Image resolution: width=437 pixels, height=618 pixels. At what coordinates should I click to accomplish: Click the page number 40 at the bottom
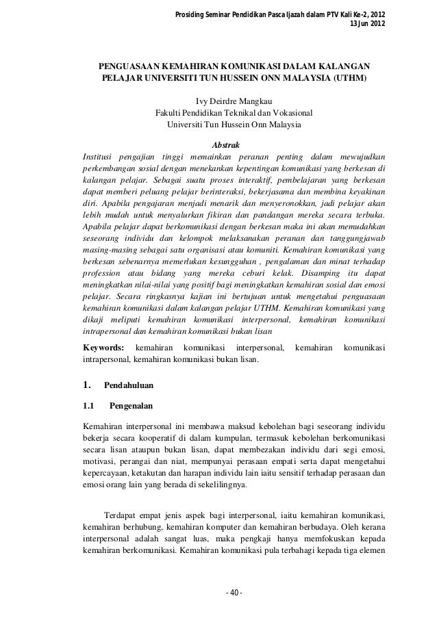[234, 591]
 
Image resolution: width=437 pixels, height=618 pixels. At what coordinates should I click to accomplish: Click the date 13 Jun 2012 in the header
[367, 25]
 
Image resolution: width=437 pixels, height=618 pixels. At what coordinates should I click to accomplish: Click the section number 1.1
[89, 406]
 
